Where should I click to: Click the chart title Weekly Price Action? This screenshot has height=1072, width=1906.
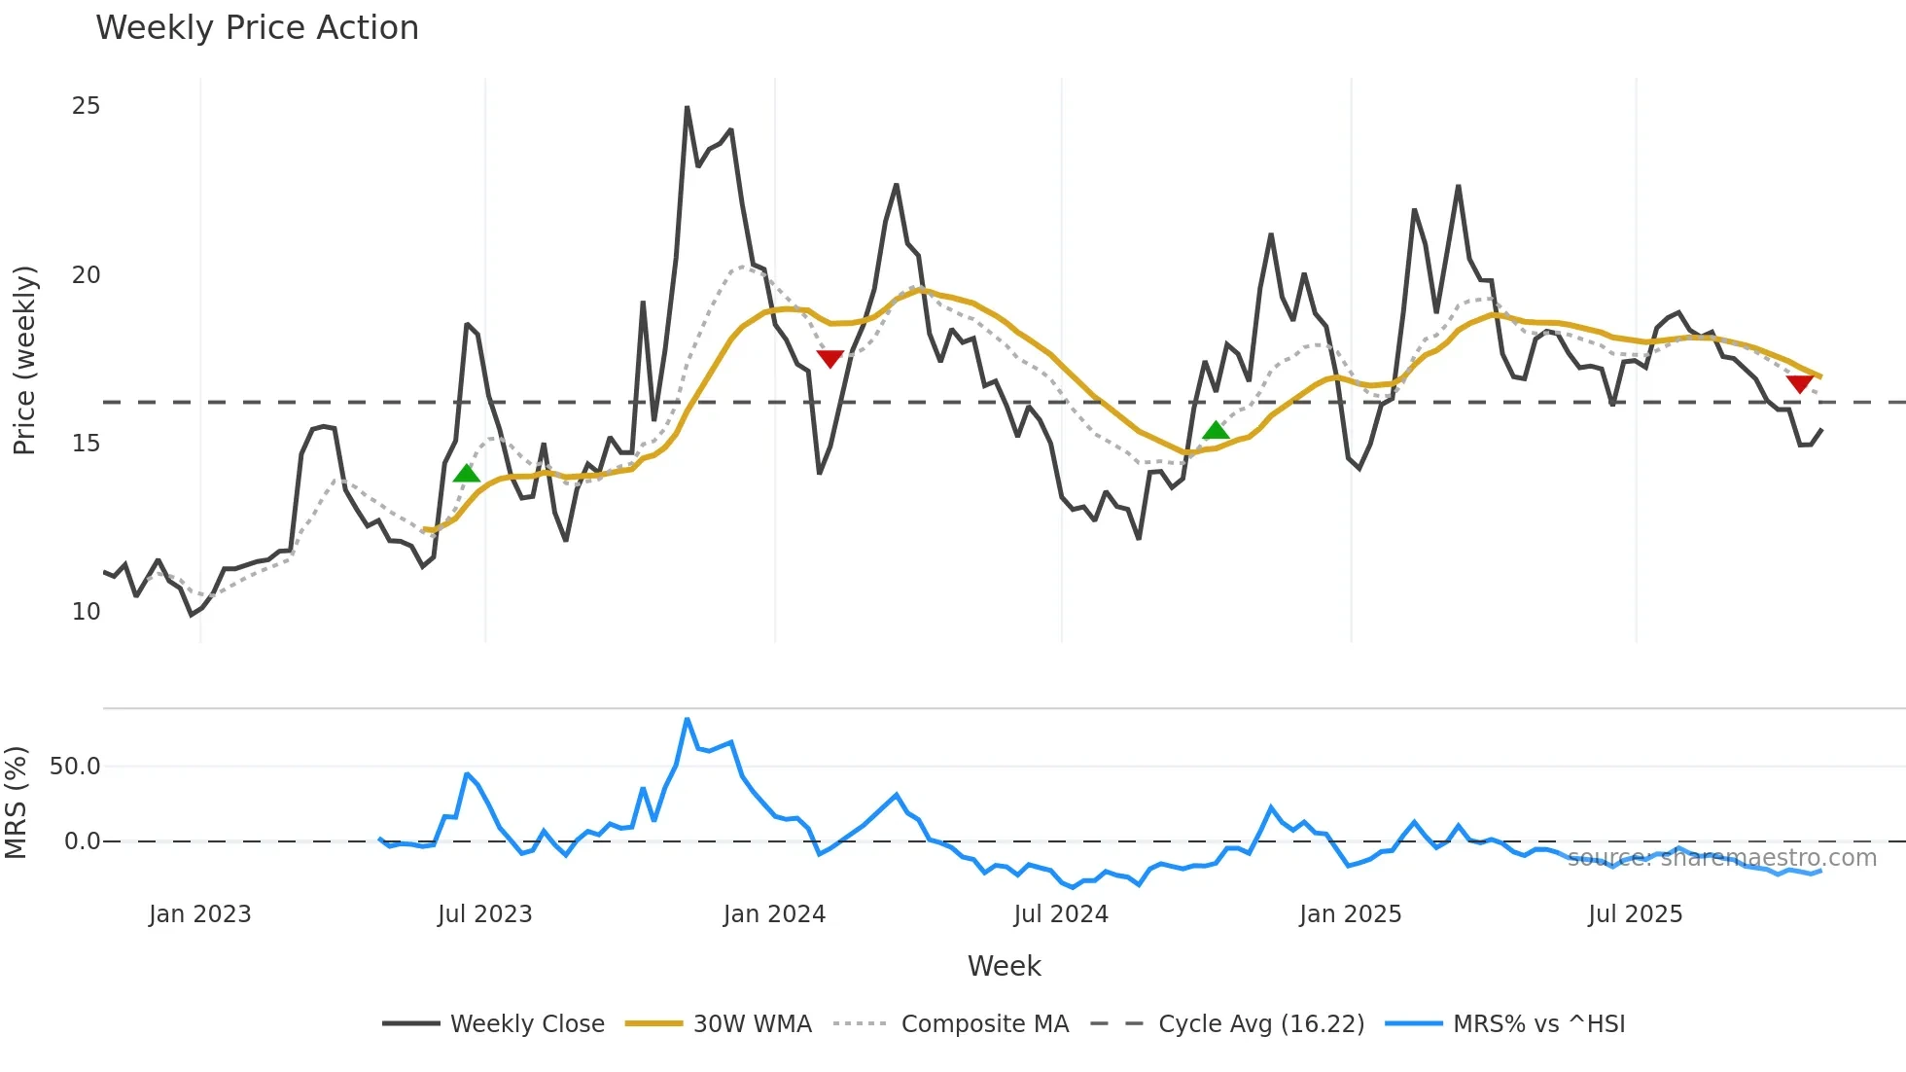(x=257, y=28)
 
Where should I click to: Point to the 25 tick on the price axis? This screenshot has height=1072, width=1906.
(x=86, y=106)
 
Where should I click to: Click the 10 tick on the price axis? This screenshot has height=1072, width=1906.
(x=86, y=612)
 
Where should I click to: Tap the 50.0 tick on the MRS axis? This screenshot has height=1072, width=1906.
(x=75, y=767)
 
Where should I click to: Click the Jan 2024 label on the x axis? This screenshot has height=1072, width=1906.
(x=774, y=914)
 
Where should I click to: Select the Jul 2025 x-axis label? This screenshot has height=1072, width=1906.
(x=1635, y=914)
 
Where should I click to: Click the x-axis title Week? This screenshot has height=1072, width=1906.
(x=1004, y=966)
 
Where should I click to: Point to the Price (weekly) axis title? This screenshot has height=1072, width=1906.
(x=24, y=360)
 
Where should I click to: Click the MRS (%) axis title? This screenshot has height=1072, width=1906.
(x=16, y=803)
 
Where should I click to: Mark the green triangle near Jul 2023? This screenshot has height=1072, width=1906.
(x=467, y=474)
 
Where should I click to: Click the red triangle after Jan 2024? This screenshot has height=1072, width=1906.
(x=829, y=359)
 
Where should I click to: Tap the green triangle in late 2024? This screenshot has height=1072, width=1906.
(x=1216, y=430)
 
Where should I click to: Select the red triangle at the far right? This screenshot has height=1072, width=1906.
(x=1799, y=384)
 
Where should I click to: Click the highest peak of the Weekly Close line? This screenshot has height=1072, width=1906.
(x=687, y=107)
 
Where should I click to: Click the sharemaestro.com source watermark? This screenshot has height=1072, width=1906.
(x=1721, y=858)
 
